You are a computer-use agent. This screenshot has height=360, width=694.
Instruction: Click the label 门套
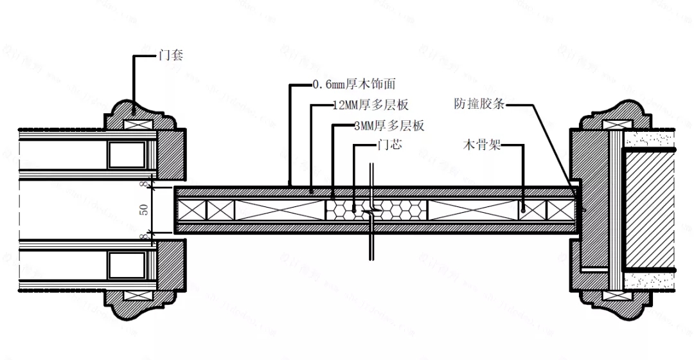(171, 55)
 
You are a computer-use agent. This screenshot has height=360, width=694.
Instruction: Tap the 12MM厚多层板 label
(371, 105)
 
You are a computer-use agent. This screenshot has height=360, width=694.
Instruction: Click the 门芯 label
(389, 146)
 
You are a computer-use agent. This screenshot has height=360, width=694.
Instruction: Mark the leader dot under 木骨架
(524, 209)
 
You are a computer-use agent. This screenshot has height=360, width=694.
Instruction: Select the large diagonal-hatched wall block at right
(649, 210)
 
